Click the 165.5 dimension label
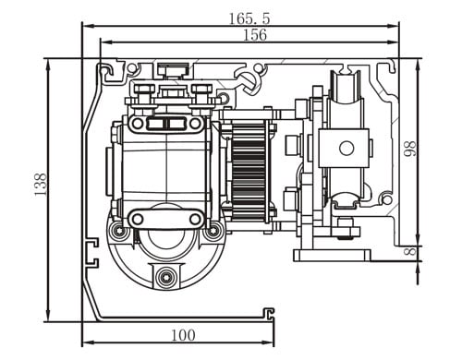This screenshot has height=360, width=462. (249, 18)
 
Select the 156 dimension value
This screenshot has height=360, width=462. (255, 35)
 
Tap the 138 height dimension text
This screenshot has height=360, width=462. (41, 185)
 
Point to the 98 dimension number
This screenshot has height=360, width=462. (410, 149)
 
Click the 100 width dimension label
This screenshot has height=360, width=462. (183, 335)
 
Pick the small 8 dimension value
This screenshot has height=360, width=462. (410, 251)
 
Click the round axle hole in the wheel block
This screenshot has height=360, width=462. (346, 149)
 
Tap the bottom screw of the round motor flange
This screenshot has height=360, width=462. (166, 277)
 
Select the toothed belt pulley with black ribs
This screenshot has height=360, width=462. (249, 172)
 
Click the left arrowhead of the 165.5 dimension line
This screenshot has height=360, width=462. (89, 27)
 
